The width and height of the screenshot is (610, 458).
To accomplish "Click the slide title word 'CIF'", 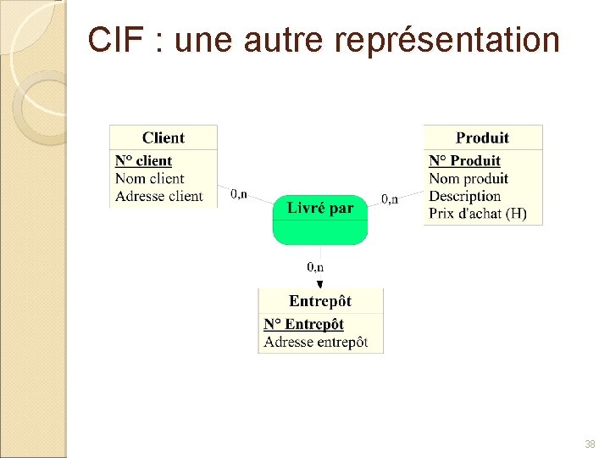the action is (115, 40).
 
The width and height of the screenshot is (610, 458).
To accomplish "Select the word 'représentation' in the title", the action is (446, 40).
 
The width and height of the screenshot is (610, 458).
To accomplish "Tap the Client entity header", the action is (164, 137).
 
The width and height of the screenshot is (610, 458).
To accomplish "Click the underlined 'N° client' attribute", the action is (143, 161).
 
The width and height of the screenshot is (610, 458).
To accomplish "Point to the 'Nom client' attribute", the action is (149, 178).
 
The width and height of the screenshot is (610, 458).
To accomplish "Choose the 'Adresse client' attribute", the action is (158, 196).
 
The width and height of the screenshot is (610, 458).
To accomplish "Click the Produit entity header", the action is (482, 137).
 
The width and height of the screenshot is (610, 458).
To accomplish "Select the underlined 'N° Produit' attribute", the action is (464, 161).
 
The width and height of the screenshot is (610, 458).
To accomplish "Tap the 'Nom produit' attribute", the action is (469, 178).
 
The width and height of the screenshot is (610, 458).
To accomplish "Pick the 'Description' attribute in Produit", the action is (464, 196).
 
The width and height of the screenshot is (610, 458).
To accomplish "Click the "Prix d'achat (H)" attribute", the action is (478, 214).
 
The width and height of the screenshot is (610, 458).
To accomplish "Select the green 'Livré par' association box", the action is (320, 219).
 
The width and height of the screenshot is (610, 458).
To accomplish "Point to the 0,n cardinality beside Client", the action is (239, 195).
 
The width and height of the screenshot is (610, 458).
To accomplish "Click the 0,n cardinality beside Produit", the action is (389, 199).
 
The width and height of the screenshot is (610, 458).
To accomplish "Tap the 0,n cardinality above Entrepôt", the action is (315, 267).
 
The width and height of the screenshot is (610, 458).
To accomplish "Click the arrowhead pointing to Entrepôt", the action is (320, 283).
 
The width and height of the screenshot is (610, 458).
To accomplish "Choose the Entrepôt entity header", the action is (320, 301).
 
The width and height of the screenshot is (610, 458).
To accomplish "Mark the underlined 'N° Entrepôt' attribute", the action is (303, 324).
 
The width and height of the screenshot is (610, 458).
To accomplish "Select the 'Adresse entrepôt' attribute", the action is (315, 342).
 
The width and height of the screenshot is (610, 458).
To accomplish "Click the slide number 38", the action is (590, 444).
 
